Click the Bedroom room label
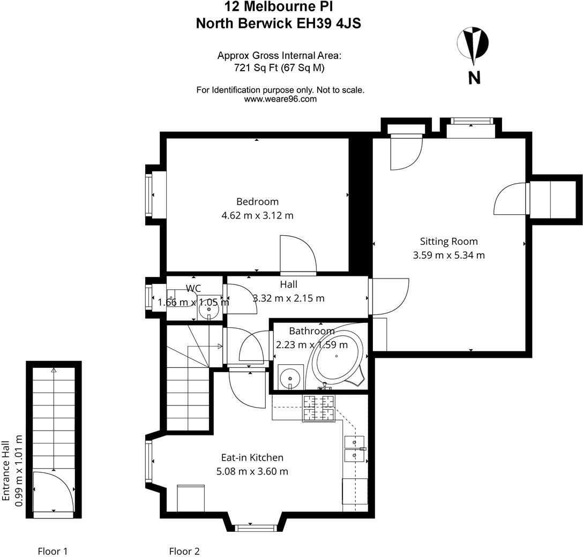point(257,202)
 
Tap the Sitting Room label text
point(449,242)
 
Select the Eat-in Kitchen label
point(252,458)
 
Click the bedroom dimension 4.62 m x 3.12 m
point(257,216)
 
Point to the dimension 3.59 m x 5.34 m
point(449,255)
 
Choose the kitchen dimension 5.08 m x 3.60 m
point(252,472)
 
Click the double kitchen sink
point(355,448)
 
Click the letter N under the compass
point(474,78)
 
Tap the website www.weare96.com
point(280,99)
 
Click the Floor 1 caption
point(53,551)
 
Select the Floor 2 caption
point(184,551)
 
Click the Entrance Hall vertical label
point(6,471)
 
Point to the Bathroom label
point(312,331)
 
